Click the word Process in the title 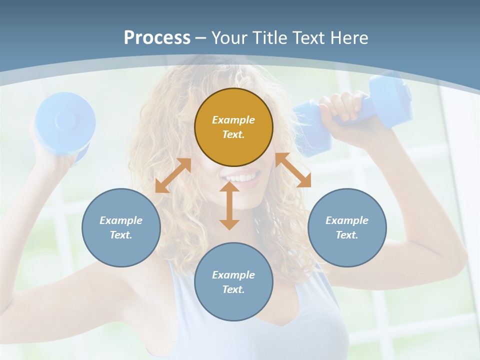(x=157, y=38)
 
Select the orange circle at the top (x=233, y=127)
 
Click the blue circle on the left (x=121, y=227)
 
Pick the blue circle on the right (x=347, y=227)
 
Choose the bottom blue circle (x=233, y=282)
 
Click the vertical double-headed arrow (x=229, y=205)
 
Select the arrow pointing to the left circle (x=173, y=175)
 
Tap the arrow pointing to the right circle (x=293, y=170)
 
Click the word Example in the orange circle (x=233, y=120)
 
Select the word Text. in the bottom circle (x=233, y=289)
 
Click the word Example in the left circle (x=121, y=220)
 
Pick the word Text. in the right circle (x=347, y=235)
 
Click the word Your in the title (x=227, y=38)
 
